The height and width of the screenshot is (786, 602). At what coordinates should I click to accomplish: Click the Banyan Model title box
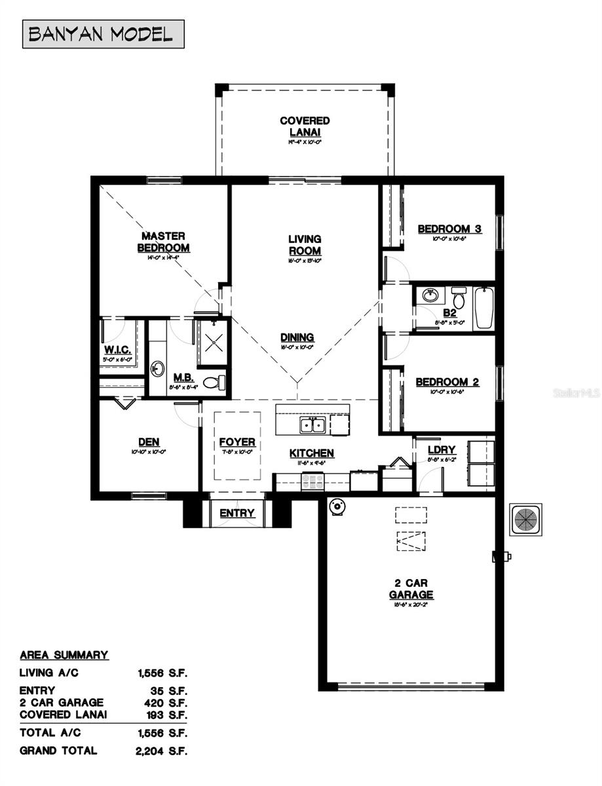pos(103,34)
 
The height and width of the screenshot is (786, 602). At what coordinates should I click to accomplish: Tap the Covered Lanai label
pos(305,126)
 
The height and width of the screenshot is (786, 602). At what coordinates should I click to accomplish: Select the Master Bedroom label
pos(163,242)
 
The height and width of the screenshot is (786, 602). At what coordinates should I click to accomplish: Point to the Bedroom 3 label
pos(449,229)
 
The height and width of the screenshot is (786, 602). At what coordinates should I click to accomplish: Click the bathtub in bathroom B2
pos(483,308)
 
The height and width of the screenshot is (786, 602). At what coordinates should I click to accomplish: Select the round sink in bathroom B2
pos(430,296)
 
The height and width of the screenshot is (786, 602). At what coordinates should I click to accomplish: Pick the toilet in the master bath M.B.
pos(214,383)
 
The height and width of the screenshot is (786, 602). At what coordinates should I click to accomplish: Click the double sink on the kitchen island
pos(312,425)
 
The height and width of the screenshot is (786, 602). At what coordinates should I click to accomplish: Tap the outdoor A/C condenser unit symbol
pos(526,520)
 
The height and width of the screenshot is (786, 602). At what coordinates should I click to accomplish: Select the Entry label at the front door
pos(236,513)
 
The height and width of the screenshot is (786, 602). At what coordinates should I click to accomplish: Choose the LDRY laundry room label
pos(441,450)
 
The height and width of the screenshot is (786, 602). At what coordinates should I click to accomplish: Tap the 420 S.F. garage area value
pos(168,702)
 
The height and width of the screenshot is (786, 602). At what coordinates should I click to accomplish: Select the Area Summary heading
pos(64,654)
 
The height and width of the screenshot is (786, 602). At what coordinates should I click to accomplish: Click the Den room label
pos(149,442)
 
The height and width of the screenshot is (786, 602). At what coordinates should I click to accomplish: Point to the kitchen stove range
pos(312,481)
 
